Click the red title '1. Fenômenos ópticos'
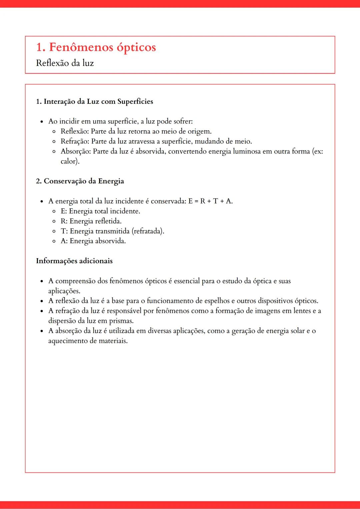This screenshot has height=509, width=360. pos(96,47)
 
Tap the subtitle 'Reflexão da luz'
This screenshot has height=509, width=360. pos(65,63)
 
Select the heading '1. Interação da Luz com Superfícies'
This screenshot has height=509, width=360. pos(94,102)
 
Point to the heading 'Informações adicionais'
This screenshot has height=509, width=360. pos(74,261)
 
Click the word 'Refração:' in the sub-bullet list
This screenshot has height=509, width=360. pos(75,142)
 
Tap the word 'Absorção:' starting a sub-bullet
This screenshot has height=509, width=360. pos(76,152)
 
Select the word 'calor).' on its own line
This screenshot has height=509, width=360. pos(70,162)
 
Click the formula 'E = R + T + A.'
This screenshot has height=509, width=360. pos(210,201)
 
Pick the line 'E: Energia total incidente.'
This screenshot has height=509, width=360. pos(100,211)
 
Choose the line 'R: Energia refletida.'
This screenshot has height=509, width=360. pos(91,221)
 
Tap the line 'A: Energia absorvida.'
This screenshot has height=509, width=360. pos(93,241)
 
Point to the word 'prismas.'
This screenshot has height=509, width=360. pos(121,321)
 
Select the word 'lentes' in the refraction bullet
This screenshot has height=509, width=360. pos(302,311)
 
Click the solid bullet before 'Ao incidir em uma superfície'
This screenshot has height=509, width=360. pos(42,122)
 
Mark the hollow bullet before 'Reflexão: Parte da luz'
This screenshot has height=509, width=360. pos(54,132)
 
